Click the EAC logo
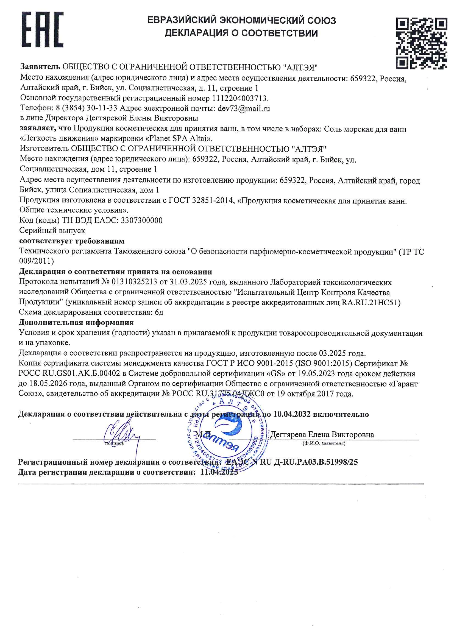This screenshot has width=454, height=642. [x=43, y=29]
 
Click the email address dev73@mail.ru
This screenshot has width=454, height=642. [x=244, y=108]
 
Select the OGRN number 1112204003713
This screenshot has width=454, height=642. [x=240, y=98]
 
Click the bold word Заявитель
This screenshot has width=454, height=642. [x=40, y=67]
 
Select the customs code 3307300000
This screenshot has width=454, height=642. [x=141, y=220]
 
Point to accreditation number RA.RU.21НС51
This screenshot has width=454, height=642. [x=371, y=303]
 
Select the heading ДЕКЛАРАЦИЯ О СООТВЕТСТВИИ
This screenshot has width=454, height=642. [x=241, y=33]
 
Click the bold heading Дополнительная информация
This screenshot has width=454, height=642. [x=76, y=322]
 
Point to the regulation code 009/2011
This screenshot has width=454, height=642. [x=36, y=261]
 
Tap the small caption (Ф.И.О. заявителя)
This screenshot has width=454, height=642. [x=324, y=443]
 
